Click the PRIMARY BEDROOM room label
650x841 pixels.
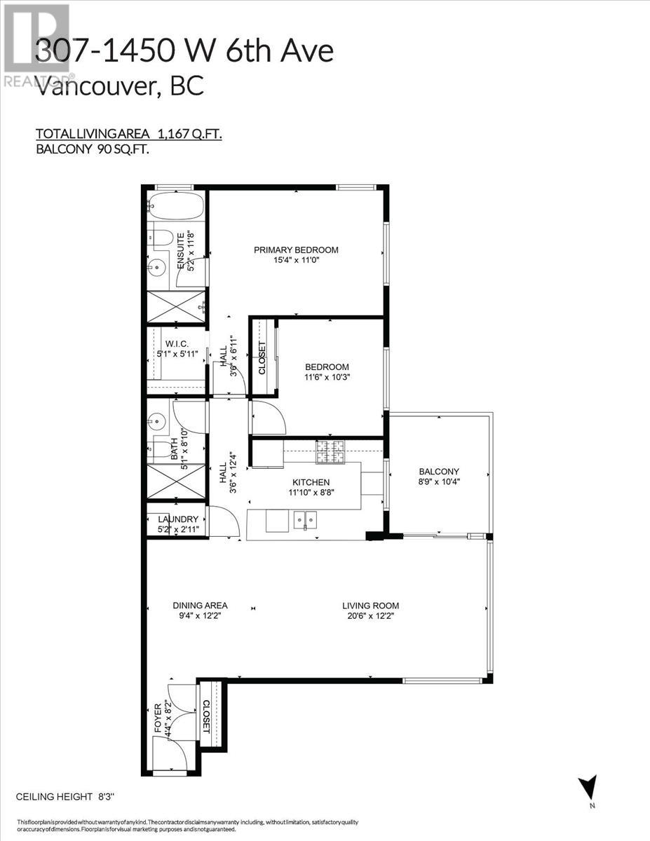click(296, 250)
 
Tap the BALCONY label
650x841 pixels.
click(438, 472)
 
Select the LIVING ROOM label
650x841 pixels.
click(370, 606)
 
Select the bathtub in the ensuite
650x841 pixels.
click(175, 207)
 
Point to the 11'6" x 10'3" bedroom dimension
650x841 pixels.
click(326, 376)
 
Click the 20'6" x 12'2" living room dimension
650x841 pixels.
click(370, 616)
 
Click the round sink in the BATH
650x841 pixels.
click(156, 422)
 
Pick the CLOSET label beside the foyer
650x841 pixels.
click(206, 716)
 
